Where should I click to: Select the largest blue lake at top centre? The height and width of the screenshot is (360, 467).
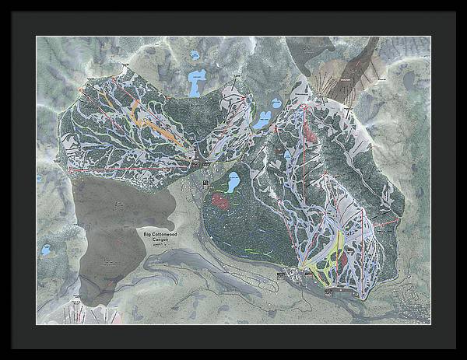(197, 81)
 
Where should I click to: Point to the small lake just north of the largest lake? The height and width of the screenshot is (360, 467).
(194, 55)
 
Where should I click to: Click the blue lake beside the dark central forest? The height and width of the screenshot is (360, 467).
(232, 183)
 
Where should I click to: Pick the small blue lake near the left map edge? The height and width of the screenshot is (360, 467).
(46, 251)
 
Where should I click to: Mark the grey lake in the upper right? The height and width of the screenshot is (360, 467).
(409, 79)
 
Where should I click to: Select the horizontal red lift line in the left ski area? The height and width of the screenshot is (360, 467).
(132, 167)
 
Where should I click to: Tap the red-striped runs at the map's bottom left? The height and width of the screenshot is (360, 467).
(78, 311)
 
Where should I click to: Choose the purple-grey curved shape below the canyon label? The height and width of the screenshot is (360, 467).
(187, 268)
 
